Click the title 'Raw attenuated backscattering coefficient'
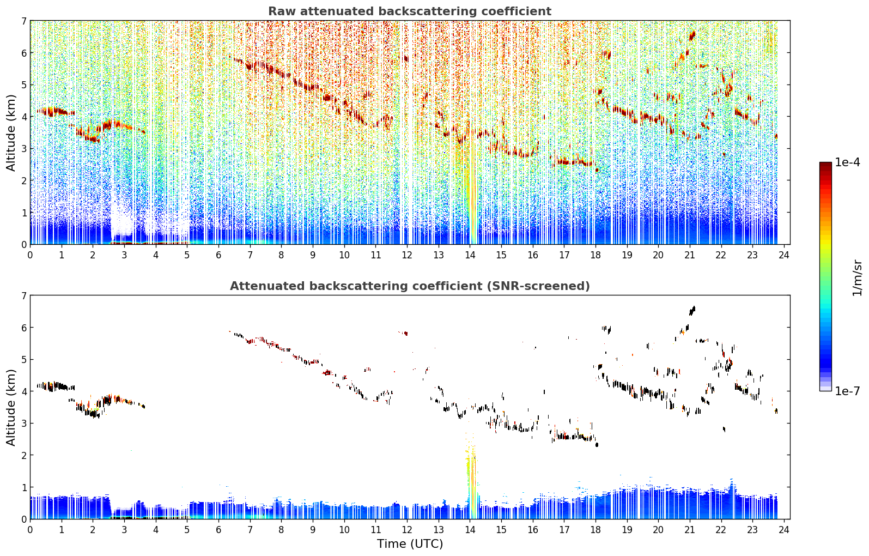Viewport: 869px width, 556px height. [410, 11]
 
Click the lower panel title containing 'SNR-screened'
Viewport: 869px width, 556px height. [410, 286]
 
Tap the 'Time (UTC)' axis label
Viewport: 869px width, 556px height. [410, 543]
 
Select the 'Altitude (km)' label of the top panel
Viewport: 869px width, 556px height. [11, 133]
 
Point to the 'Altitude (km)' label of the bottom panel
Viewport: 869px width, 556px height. [11, 407]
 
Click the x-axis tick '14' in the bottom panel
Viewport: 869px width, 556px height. [470, 529]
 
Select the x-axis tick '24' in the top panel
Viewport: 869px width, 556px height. [784, 255]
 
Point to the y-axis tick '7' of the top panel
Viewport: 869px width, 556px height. [24, 21]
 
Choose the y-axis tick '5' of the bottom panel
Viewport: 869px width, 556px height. [24, 360]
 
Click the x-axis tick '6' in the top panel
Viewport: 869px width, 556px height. [218, 255]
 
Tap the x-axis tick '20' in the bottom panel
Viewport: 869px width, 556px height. [658, 529]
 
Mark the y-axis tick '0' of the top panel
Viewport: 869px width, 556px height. [24, 245]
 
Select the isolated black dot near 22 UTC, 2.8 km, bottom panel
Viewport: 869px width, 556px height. [724, 429]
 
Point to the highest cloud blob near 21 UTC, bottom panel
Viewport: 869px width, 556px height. [692, 310]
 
